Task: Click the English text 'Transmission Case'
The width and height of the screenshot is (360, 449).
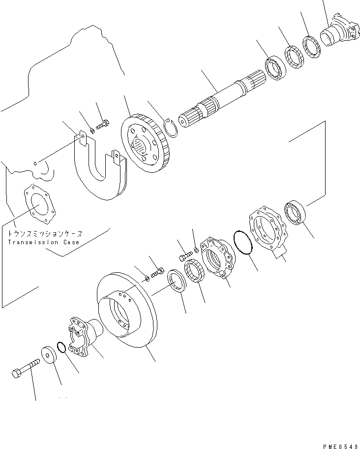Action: [x=43, y=242]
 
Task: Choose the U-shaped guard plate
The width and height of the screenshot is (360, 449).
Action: [x=101, y=170]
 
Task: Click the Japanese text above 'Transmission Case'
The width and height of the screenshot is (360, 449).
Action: [x=44, y=234]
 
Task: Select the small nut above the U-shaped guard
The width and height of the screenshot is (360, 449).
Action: [x=92, y=131]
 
